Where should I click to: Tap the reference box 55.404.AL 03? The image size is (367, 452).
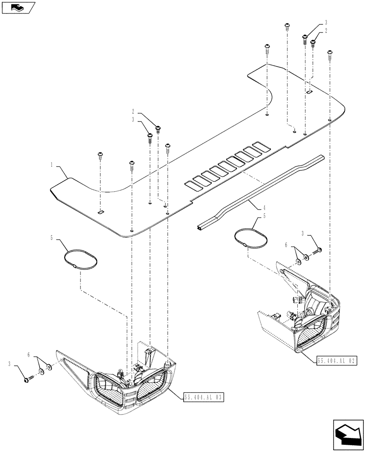click(x=204, y=397)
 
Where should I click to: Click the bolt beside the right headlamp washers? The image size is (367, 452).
click(x=318, y=250)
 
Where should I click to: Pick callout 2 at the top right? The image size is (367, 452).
click(x=325, y=30)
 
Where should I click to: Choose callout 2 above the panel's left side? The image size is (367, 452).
click(x=133, y=111)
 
